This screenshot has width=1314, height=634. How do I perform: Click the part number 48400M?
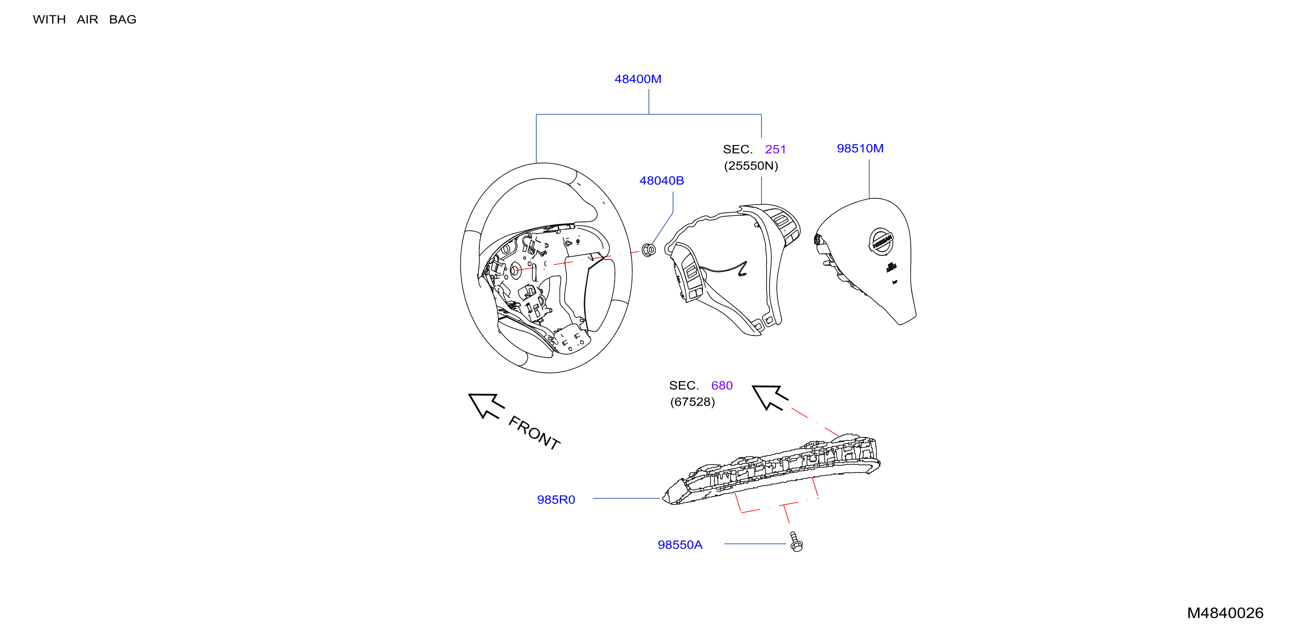tap(638, 79)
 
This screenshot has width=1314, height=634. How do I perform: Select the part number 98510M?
tap(860, 148)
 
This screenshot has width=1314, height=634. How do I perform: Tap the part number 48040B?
tap(661, 181)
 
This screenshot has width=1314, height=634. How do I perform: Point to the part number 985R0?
tap(556, 500)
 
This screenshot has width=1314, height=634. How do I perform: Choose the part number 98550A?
tap(680, 545)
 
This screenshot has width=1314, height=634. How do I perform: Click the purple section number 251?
tap(775, 150)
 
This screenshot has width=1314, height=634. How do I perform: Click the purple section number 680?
tap(722, 386)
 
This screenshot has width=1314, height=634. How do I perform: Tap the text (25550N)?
tap(751, 166)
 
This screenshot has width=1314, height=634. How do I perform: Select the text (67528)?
tap(692, 402)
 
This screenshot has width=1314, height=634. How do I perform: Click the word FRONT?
tap(534, 432)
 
